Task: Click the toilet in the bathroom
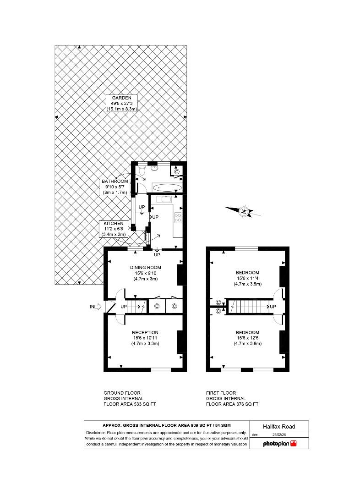click(x=142, y=170)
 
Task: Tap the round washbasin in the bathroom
click(x=154, y=168)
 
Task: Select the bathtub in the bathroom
click(x=167, y=187)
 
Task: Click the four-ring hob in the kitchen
click(x=177, y=218)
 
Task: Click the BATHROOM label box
click(x=115, y=187)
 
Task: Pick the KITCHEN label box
click(x=113, y=229)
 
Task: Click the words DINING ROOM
click(x=146, y=268)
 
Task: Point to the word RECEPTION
click(x=145, y=333)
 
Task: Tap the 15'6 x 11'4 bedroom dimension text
click(x=248, y=278)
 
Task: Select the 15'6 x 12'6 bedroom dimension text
click(x=248, y=338)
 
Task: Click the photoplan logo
click(x=279, y=443)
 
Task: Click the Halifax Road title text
click(x=279, y=426)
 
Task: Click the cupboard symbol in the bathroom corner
click(x=176, y=171)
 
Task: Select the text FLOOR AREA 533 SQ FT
click(x=130, y=404)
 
